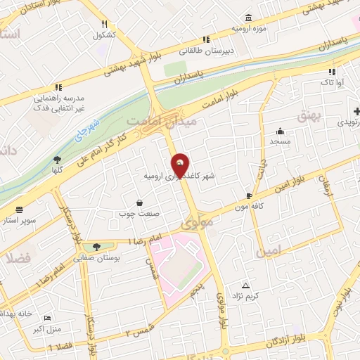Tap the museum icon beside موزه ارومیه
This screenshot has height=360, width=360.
click(x=247, y=18)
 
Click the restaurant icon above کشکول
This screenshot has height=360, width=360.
click(x=104, y=24)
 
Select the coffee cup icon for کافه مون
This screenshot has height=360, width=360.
click(x=248, y=195)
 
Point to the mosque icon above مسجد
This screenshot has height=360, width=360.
click(x=281, y=131)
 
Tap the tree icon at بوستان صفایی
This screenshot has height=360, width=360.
click(x=96, y=246)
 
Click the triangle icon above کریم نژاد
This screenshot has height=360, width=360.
click(x=245, y=285)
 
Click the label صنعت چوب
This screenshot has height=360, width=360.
click(x=135, y=213)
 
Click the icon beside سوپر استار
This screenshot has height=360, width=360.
click(x=18, y=209)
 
